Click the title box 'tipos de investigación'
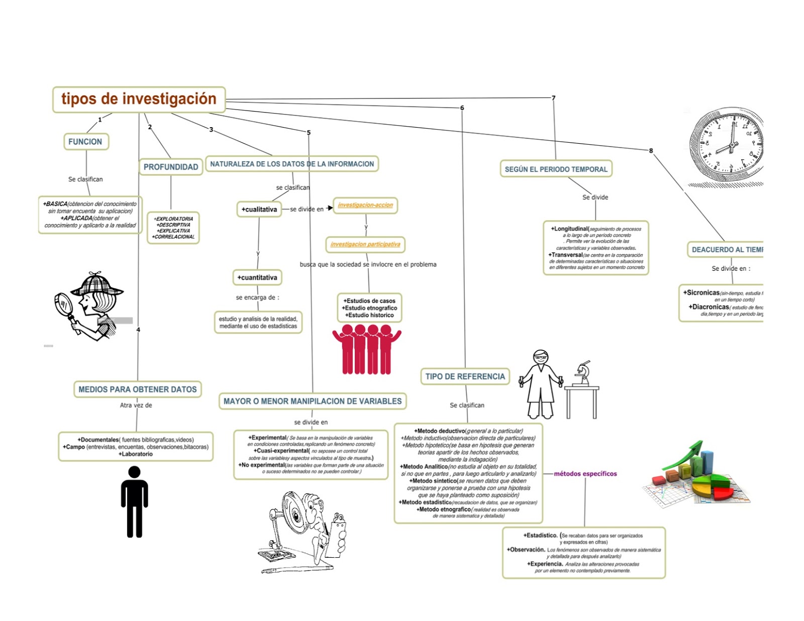pyautogui.click(x=139, y=99)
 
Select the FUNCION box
pyautogui.click(x=85, y=142)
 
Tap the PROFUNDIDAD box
pyautogui.click(x=171, y=167)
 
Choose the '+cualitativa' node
pyautogui.click(x=259, y=209)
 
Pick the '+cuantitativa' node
pyautogui.click(x=257, y=277)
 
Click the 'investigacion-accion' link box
pyautogui.click(x=365, y=205)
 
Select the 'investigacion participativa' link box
pyautogui.click(x=365, y=244)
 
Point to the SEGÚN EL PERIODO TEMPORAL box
pyautogui.click(x=556, y=169)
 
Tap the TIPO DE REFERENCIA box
pyautogui.click(x=465, y=376)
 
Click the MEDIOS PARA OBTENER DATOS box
pyautogui.click(x=138, y=389)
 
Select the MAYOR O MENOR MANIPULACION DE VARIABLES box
pyautogui.click(x=313, y=401)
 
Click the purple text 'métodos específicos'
pyautogui.click(x=585, y=473)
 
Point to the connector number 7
pyautogui.click(x=553, y=98)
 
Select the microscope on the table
pyautogui.click(x=583, y=373)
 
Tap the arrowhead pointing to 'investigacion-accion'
pyautogui.click(x=330, y=208)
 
